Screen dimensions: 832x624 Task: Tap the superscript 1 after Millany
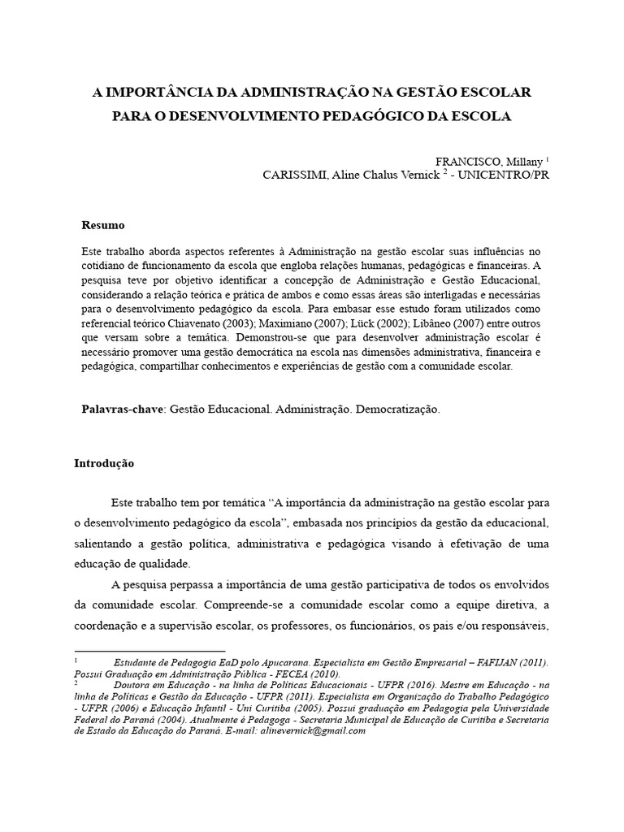547,158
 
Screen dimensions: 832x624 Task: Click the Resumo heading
103,224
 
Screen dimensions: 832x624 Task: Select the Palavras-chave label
123,409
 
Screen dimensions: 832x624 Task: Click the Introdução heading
103,464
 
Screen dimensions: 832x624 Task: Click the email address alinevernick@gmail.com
312,730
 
